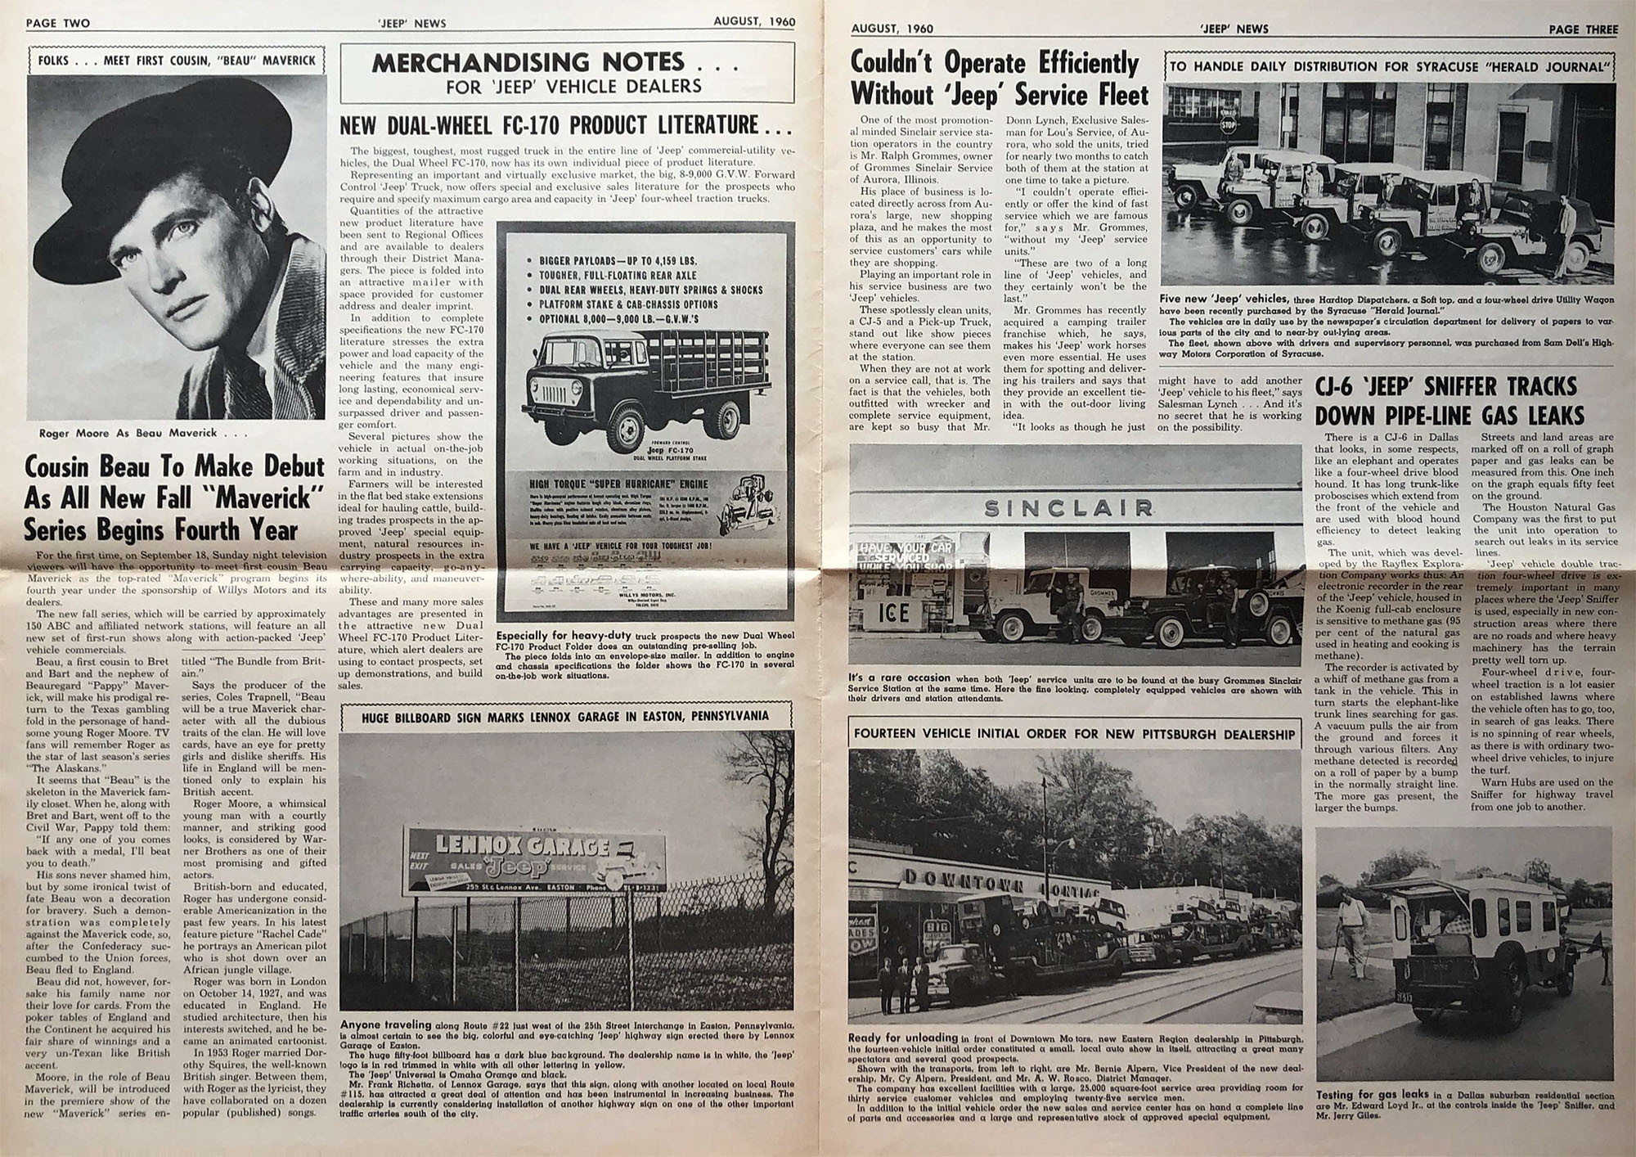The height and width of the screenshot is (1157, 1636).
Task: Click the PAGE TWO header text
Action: tap(58, 23)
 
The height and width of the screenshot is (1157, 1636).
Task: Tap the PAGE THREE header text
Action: tap(1583, 29)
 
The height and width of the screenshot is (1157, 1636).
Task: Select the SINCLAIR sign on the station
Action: tap(1068, 508)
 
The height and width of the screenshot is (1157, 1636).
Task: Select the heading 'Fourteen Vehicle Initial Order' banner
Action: tap(1075, 733)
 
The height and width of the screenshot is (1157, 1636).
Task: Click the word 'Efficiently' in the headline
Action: tap(1089, 63)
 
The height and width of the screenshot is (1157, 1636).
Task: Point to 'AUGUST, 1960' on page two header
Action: tap(753, 22)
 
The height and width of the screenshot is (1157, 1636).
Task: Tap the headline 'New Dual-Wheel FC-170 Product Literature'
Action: tap(565, 125)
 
